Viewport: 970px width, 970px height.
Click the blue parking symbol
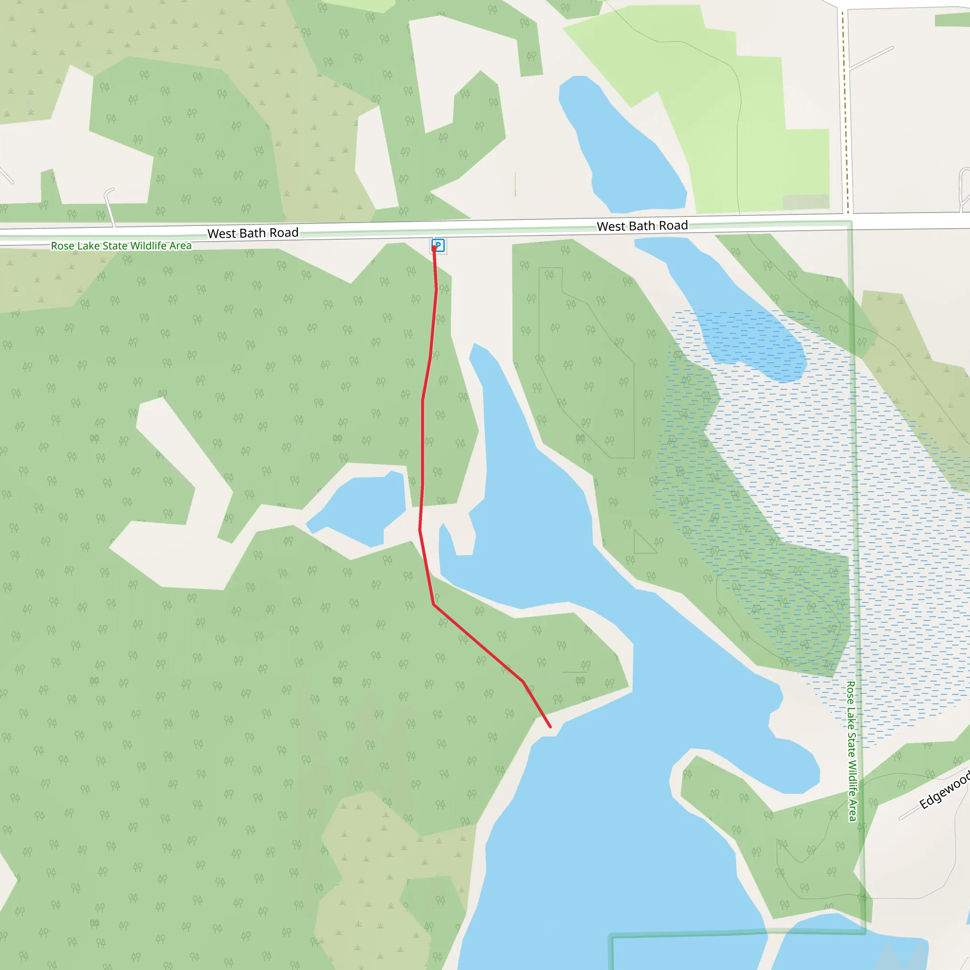point(438,245)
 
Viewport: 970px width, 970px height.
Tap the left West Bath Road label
point(252,233)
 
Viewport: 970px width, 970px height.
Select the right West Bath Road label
point(642,226)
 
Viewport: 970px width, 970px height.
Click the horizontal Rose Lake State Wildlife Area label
point(121,245)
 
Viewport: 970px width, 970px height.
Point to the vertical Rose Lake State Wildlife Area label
point(852,751)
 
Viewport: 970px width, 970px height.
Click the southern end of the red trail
point(550,727)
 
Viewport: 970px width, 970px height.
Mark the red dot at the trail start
point(434,249)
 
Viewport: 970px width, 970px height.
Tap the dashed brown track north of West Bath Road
point(845,110)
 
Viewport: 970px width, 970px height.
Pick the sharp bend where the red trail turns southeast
point(434,604)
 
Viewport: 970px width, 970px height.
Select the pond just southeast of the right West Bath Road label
point(728,311)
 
